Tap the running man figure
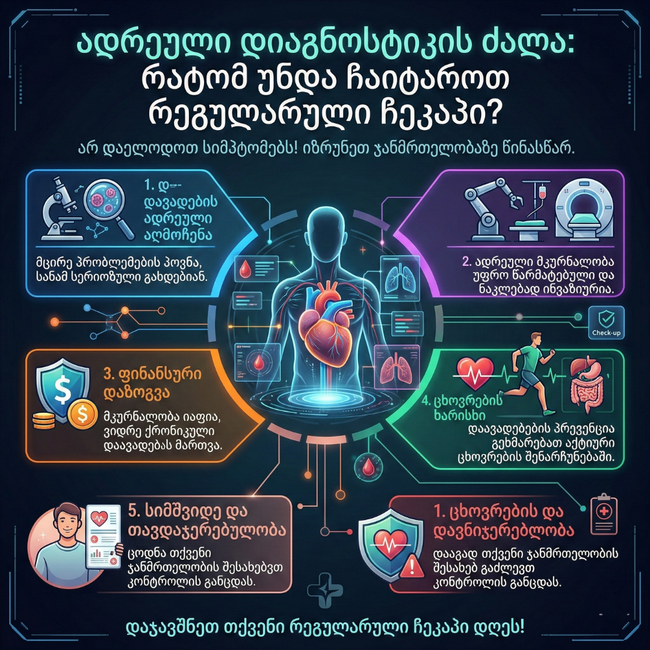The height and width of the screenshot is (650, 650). click(530, 373)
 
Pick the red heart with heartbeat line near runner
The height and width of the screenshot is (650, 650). click(475, 373)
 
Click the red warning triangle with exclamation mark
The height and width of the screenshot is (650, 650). click(413, 565)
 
